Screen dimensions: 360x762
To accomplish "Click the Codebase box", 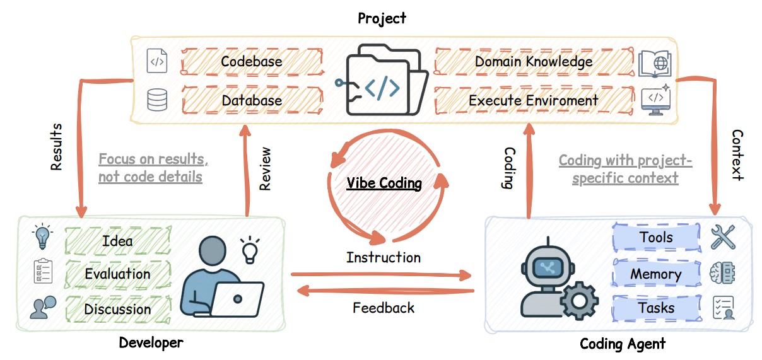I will point(252,62).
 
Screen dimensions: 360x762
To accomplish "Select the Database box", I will point(252,100).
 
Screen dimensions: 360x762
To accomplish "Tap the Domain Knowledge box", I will point(534,62).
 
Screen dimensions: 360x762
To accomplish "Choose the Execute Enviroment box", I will point(534,100).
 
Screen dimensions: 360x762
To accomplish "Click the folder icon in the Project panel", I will point(381,81).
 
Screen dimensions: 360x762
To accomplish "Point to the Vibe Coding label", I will point(384,183).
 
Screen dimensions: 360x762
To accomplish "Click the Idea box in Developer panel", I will point(118,240).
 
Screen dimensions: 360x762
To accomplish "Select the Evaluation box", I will point(118,274).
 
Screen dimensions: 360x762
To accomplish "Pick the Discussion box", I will point(118,309).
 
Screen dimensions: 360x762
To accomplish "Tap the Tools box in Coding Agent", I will point(656,238).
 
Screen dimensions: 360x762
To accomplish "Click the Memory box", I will point(656,274).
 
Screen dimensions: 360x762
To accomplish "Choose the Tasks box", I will point(656,308).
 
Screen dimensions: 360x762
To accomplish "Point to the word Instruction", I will point(384,257).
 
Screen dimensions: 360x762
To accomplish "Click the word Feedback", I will point(384,308).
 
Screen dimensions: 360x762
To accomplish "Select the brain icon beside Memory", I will point(723,274).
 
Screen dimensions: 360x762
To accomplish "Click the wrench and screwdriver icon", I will point(723,237).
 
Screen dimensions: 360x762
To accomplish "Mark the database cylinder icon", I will point(157,100).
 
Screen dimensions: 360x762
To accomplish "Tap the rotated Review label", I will point(266,169).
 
